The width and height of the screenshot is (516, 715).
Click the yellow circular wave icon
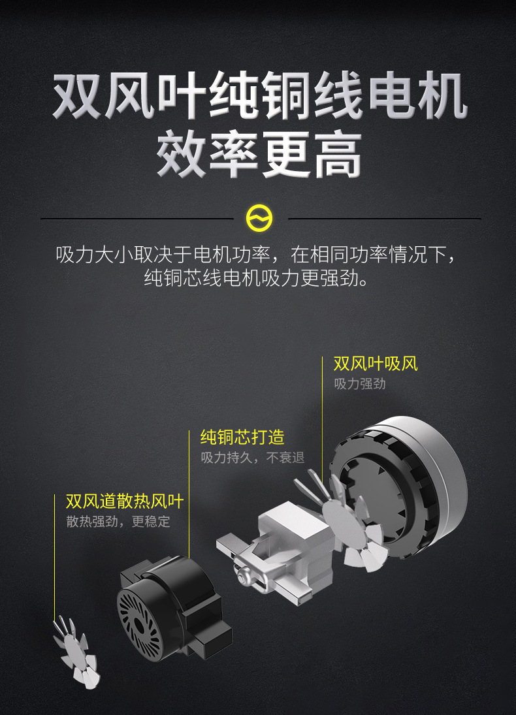259,219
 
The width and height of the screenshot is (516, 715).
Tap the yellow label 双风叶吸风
376,364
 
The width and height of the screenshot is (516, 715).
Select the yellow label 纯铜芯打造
242,437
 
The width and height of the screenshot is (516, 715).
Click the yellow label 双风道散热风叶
125,501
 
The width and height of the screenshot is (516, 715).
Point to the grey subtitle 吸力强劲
360,384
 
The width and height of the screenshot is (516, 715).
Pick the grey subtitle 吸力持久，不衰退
253,457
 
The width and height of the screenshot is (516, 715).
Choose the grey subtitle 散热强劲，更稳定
118,521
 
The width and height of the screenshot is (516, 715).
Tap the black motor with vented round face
172,609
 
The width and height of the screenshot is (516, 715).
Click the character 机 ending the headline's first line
442,96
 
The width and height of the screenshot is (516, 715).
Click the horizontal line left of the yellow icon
137,219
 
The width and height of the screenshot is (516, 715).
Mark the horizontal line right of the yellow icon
385,219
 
